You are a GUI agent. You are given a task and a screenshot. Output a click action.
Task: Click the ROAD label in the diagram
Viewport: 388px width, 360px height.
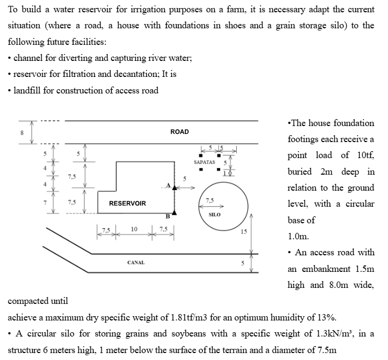(180, 131)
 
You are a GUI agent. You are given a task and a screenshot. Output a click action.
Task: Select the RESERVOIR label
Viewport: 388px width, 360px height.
(127, 204)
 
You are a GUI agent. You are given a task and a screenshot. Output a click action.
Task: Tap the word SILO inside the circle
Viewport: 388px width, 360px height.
(214, 214)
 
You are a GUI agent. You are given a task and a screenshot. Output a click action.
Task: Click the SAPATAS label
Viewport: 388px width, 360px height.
(204, 162)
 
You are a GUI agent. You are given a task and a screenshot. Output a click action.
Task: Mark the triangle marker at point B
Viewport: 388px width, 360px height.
(174, 212)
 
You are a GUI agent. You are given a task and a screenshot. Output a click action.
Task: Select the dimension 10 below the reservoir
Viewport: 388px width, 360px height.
(134, 229)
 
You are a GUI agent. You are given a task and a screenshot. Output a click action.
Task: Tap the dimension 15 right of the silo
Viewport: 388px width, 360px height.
(244, 231)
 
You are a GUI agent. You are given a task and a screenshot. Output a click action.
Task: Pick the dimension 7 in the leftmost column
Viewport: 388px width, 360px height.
(45, 202)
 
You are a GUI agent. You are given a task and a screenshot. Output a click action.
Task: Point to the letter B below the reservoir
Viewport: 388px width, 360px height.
(167, 217)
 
